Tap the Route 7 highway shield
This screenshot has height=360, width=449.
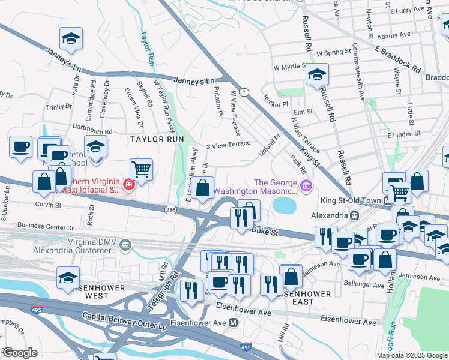[x=244, y=92]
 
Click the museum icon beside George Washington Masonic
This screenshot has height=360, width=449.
[x=307, y=187]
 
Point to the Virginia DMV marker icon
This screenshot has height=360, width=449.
[x=125, y=244]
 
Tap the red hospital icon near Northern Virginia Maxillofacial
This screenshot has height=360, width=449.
[x=127, y=184]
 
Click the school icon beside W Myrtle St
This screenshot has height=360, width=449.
[x=317, y=76]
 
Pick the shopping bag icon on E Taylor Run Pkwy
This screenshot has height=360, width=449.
[x=203, y=187]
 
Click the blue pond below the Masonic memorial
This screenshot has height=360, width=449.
[x=284, y=206]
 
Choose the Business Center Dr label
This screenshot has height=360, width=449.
[x=46, y=226]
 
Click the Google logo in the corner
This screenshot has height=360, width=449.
[x=20, y=353]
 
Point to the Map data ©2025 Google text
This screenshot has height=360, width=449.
[x=411, y=355]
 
